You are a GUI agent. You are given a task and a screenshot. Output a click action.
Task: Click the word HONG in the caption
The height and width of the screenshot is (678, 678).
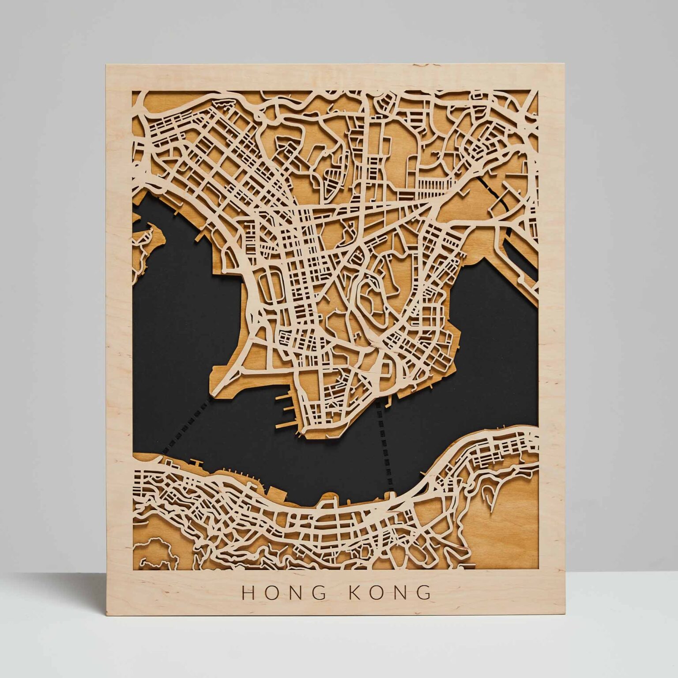coord(284,592)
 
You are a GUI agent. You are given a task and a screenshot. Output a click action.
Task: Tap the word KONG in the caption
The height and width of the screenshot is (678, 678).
coord(390,592)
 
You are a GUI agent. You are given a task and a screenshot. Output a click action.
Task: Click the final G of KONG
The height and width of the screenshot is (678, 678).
coord(424,592)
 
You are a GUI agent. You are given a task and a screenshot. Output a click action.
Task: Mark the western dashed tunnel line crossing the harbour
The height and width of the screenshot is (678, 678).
coord(185,424)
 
